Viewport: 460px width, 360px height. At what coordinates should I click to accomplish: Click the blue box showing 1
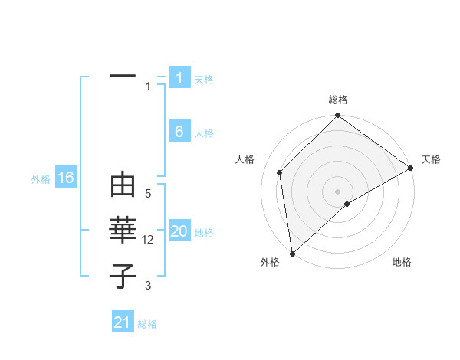[179, 78]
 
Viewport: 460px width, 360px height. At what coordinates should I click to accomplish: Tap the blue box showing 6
[179, 132]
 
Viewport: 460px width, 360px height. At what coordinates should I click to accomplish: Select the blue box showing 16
[66, 178]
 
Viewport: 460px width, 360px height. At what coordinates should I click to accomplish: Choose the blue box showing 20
[179, 232]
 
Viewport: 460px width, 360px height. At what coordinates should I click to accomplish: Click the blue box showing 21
[123, 322]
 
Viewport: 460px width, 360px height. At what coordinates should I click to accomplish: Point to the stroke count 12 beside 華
[149, 240]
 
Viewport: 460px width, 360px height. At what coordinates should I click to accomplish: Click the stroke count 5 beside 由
[148, 195]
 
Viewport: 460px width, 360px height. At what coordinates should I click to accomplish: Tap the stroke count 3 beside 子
[148, 286]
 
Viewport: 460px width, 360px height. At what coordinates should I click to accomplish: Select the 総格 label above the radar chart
[338, 100]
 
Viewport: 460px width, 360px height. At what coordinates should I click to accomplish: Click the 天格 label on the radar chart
[432, 159]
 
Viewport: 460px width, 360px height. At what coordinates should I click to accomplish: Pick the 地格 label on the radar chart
[402, 262]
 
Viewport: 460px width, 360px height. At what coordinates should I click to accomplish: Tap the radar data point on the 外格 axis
[292, 254]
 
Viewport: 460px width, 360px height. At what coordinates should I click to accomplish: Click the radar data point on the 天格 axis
[411, 168]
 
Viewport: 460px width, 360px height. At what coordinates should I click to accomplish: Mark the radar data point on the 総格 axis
[338, 116]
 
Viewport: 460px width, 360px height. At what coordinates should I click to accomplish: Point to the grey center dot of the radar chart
[338, 191]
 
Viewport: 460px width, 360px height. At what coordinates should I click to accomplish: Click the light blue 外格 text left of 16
[41, 179]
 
